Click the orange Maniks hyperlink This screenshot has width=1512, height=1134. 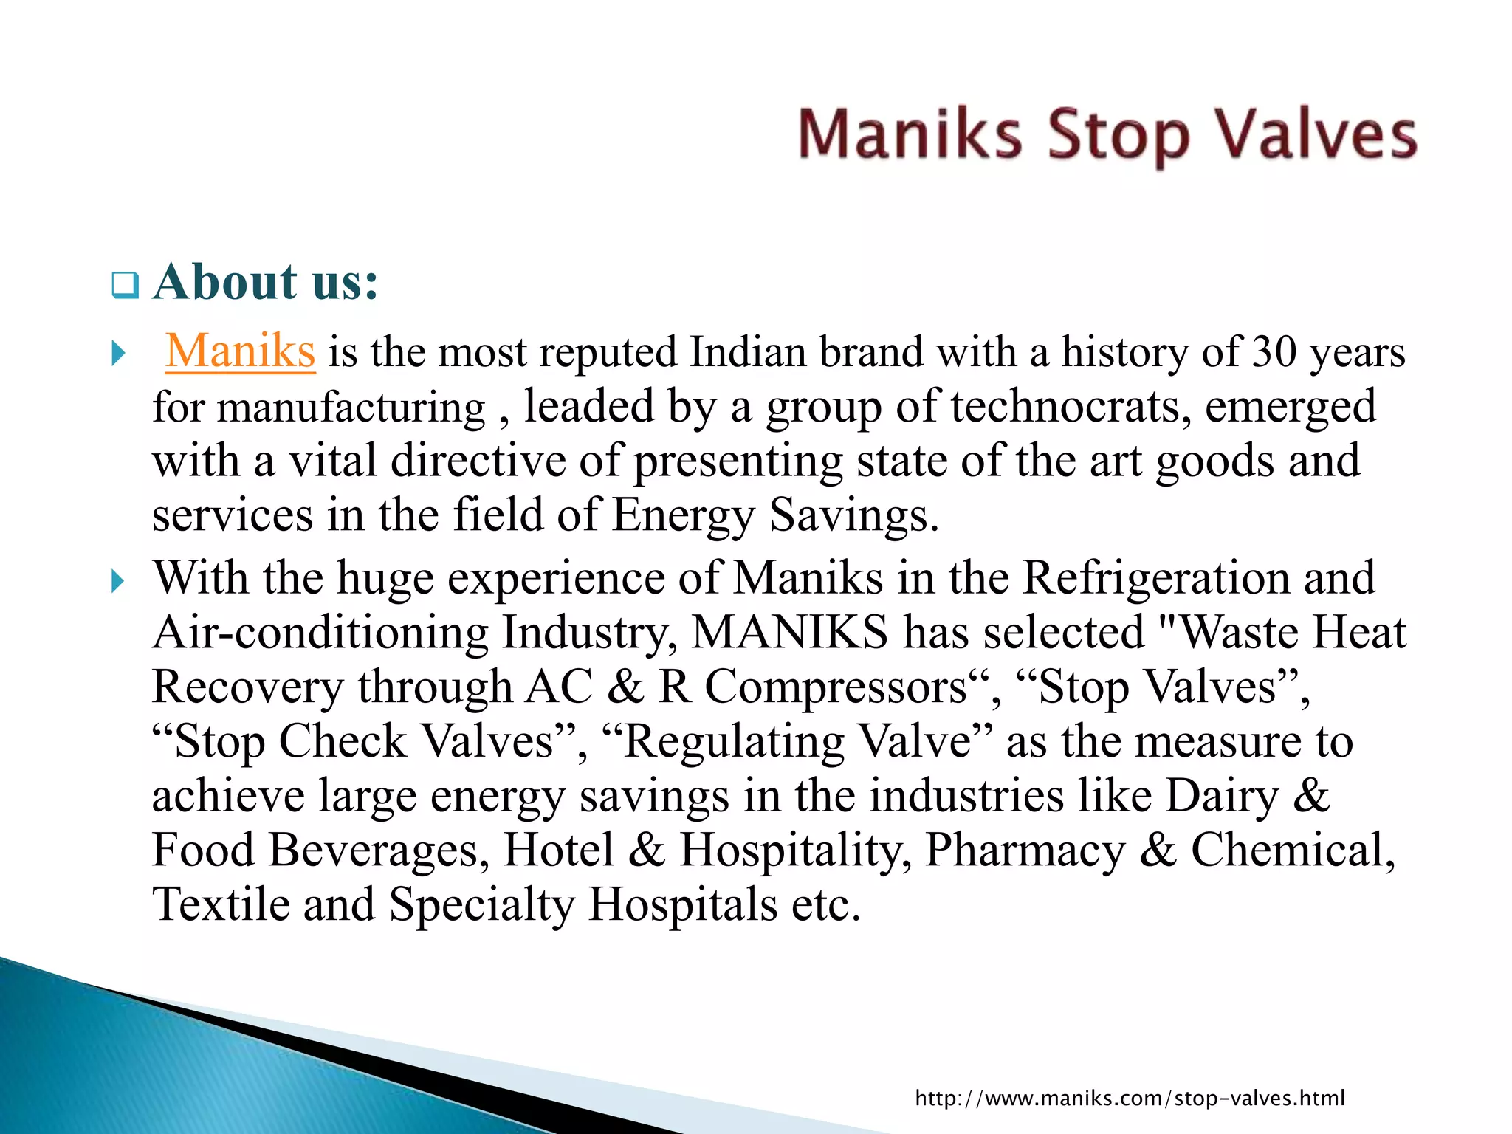click(241, 351)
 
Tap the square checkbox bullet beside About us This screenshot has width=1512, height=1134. click(125, 285)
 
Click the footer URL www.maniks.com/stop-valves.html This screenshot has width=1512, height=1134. click(1130, 1098)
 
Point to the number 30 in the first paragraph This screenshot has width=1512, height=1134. click(1274, 351)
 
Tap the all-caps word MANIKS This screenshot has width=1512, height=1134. click(789, 633)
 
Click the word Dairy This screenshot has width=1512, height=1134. click(1222, 796)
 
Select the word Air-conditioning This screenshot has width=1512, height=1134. click(320, 633)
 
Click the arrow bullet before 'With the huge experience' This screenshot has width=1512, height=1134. click(118, 582)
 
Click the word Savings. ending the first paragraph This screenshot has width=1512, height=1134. click(853, 515)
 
